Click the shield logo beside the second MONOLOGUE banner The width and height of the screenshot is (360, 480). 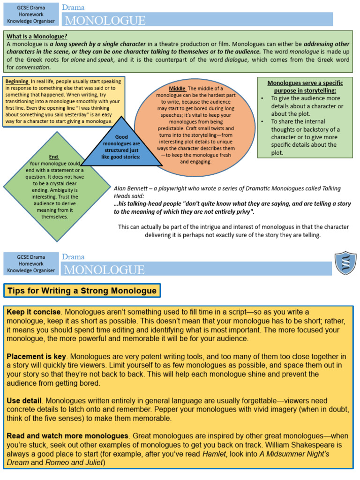tap(345, 263)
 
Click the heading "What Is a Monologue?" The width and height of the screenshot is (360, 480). tap(37, 36)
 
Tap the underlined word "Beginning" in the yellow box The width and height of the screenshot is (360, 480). tap(17, 82)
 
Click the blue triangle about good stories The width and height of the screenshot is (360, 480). tap(121, 145)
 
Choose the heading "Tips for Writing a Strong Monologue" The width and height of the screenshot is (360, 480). tap(82, 291)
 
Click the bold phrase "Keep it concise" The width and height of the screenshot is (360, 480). tap(33, 312)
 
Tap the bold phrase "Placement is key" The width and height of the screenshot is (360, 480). tap(37, 356)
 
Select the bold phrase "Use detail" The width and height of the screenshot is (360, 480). tap(24, 401)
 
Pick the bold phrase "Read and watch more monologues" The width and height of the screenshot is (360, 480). tap(67, 436)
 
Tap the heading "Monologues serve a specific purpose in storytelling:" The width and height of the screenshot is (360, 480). tap(302, 87)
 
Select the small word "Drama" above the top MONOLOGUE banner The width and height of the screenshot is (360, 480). tap(73, 7)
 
